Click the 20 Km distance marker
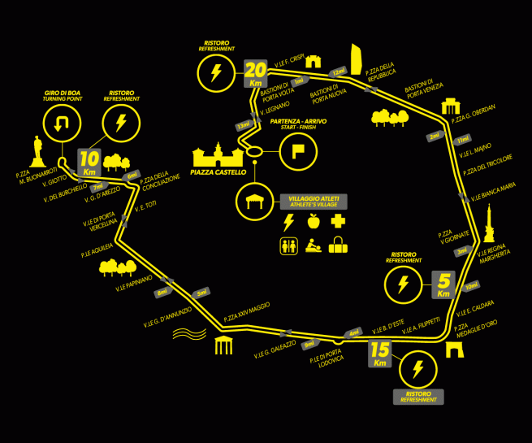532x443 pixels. click(x=255, y=74)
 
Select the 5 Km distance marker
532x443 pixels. click(x=443, y=284)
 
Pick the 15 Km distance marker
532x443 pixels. click(x=379, y=354)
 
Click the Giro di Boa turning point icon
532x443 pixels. click(x=62, y=123)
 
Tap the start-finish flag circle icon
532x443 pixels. click(x=297, y=150)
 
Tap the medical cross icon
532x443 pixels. click(x=337, y=221)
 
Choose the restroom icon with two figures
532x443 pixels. click(x=288, y=245)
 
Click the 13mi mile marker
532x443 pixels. click(x=243, y=126)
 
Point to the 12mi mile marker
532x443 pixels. click(x=338, y=72)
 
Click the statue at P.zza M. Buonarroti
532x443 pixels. click(x=37, y=151)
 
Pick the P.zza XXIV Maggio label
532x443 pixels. click(x=247, y=312)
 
